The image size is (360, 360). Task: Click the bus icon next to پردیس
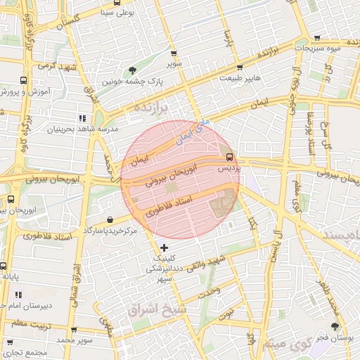pos(230,156)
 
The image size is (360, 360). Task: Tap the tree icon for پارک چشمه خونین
pos(133,70)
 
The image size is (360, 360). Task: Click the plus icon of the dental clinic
pos(165,247)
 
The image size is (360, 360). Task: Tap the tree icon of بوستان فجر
pos(335,326)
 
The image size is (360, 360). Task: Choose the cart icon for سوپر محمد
pos(74,329)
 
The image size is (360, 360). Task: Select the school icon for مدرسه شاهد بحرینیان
pos(82,118)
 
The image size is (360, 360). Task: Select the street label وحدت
pos(209,290)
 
